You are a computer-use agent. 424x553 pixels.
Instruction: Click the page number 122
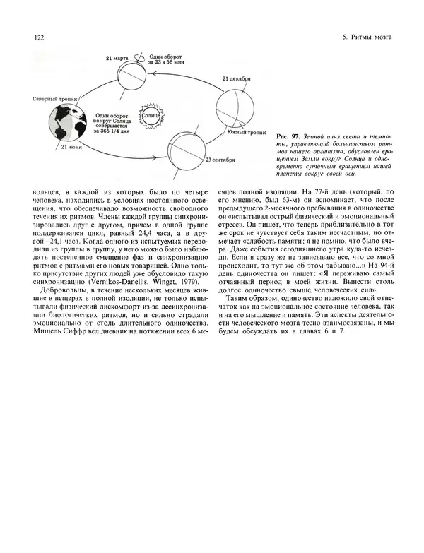click(30, 37)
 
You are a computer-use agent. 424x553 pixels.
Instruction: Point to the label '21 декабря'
click(237, 79)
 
